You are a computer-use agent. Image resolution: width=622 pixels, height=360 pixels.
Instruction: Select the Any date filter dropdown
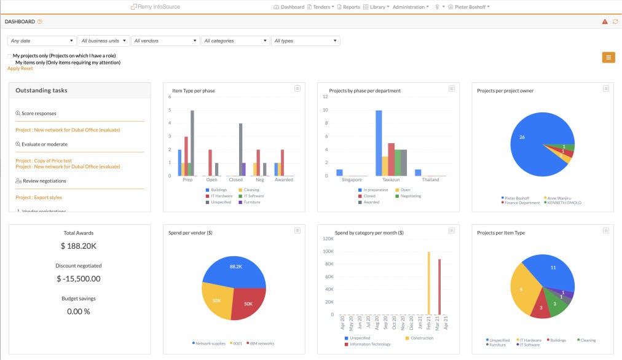click(41, 41)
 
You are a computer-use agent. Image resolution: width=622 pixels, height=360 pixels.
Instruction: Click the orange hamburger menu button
click(608, 57)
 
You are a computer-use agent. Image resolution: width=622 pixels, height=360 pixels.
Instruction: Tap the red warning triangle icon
click(605, 22)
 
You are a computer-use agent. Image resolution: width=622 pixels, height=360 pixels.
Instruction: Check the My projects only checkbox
click(10, 56)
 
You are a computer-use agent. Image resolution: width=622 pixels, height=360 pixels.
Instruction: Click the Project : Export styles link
click(39, 197)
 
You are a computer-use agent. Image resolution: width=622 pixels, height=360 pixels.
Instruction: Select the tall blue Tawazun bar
click(379, 143)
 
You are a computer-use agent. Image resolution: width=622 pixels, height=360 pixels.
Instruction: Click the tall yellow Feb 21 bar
click(428, 283)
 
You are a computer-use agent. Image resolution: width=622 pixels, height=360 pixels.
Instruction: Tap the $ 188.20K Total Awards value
click(79, 246)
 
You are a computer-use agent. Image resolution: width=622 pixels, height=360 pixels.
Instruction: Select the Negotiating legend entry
click(411, 196)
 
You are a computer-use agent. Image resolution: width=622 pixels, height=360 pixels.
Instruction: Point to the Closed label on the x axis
click(235, 180)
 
